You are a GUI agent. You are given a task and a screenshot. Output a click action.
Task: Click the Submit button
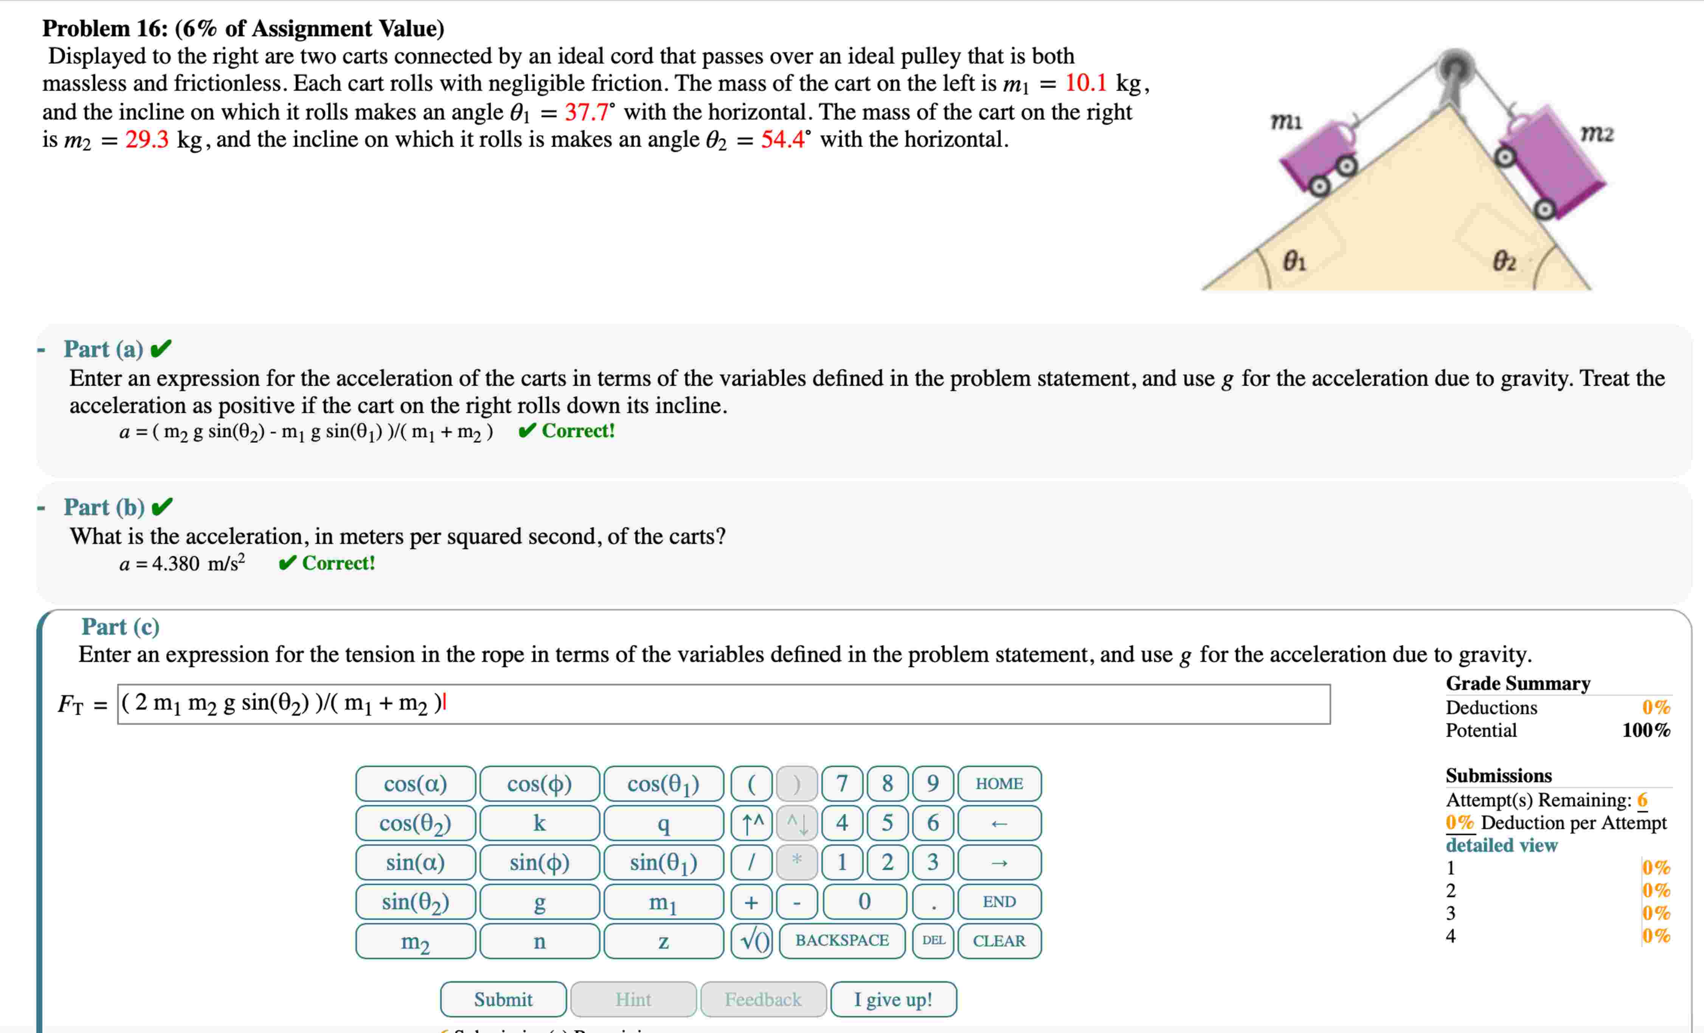coord(503,999)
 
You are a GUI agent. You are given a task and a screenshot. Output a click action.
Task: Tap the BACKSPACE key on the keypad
coord(842,940)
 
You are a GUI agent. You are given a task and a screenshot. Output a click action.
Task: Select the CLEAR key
coord(999,941)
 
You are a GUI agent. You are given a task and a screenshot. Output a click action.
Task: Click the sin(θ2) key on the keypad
coord(416,901)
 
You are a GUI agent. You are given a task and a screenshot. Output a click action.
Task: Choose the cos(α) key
coord(416,784)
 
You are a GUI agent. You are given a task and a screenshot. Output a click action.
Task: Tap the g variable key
coord(539,901)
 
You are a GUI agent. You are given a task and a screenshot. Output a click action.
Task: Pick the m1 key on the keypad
coord(663,901)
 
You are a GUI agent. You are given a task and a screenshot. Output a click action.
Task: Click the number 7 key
coord(842,784)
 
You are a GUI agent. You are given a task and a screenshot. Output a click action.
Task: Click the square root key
coord(752,940)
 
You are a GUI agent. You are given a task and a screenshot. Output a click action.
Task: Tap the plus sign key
coord(752,901)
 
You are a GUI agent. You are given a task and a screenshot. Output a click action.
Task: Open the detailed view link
coord(1501,845)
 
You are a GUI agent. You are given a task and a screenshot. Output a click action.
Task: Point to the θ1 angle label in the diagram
coord(1294,261)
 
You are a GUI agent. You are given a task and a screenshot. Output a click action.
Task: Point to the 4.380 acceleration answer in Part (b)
coord(175,564)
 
